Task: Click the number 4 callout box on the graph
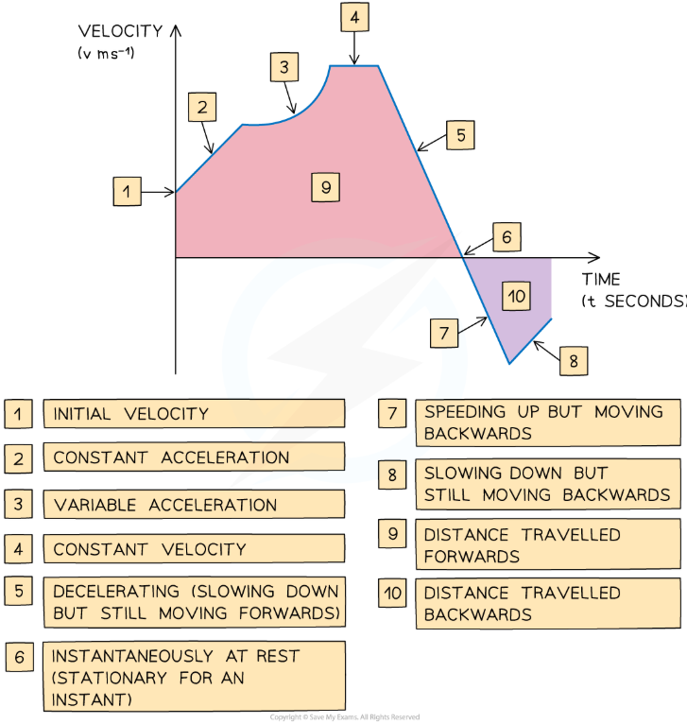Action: coord(353,17)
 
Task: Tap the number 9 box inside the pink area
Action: coord(325,187)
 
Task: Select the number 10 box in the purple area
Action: coord(516,297)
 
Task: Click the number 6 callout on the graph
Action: coord(507,237)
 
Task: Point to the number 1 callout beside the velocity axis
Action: coord(127,192)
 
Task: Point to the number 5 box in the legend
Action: coord(19,593)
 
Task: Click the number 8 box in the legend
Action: coord(392,474)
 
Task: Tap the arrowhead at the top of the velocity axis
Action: coord(175,30)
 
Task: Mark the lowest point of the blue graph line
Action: coord(510,363)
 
